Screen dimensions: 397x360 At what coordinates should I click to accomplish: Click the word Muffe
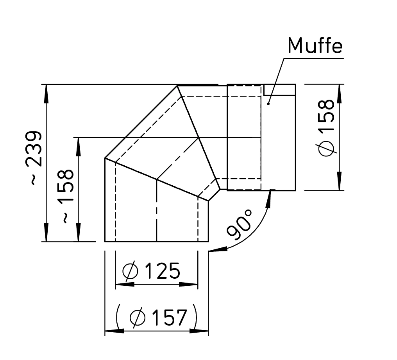click(315, 46)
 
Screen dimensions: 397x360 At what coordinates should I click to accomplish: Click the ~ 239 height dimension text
click(34, 158)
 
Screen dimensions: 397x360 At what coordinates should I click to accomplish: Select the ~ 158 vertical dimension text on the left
click(66, 196)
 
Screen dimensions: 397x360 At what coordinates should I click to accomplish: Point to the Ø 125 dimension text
click(151, 271)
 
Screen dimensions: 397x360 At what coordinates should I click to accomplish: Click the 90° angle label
click(239, 224)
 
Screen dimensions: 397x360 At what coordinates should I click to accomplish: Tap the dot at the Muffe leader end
click(268, 103)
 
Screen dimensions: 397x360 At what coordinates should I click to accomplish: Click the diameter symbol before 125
click(131, 271)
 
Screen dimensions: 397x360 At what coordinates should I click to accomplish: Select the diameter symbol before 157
click(138, 317)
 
